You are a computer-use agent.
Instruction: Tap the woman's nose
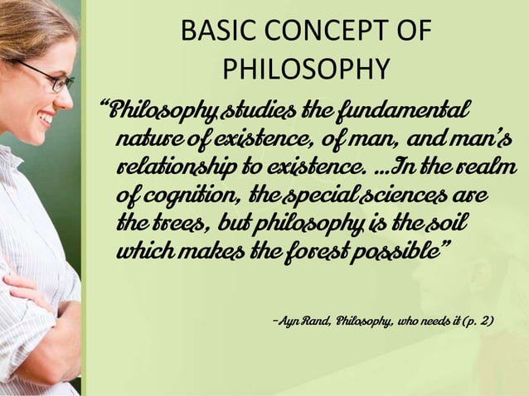click(67, 98)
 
